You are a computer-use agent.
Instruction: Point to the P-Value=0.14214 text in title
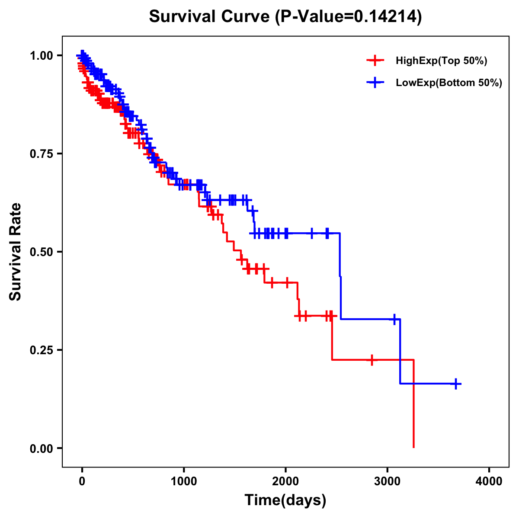pos(349,16)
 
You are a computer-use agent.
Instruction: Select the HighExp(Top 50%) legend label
pos(442,61)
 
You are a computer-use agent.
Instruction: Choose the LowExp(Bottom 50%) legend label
pos(449,83)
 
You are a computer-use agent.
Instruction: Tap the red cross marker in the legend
pos(375,61)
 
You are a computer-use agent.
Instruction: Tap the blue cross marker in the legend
pos(375,83)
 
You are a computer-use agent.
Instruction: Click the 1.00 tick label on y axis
pos(41,55)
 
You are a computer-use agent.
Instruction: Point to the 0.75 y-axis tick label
pos(41,154)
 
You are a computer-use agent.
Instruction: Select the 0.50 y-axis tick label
pos(41,252)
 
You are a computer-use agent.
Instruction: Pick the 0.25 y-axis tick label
pos(41,350)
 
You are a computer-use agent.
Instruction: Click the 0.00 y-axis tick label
pos(41,448)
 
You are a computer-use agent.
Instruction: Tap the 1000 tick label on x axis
pos(184,481)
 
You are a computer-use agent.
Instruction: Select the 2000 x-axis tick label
pos(285,481)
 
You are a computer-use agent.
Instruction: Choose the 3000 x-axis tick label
pos(388,481)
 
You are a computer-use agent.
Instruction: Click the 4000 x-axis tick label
pos(489,481)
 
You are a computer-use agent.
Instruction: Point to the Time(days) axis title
pos(285,500)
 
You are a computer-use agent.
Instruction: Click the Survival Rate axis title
pos(16,252)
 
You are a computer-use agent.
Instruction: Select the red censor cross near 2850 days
pos(372,360)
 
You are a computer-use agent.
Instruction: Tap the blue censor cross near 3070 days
pos(394,319)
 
